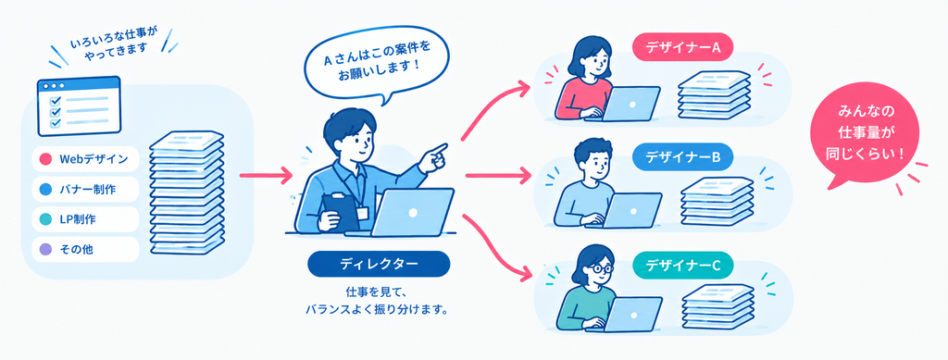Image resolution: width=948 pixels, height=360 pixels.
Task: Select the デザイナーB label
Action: pos(682,158)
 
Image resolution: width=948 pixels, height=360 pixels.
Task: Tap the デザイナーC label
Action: pos(682,266)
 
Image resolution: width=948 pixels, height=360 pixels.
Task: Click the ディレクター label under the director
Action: pos(379,264)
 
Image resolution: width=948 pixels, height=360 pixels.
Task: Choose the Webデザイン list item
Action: pos(85,159)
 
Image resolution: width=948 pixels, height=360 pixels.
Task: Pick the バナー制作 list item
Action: pos(85,190)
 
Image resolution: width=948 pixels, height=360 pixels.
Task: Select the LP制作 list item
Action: pos(85,219)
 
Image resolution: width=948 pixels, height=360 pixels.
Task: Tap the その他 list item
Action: pos(85,249)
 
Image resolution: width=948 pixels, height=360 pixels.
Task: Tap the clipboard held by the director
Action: pos(339,212)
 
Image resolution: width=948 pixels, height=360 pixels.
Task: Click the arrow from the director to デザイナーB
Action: pos(495,176)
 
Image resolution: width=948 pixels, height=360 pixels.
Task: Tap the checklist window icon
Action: pos(79,106)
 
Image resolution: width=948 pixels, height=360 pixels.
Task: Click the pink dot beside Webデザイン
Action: pos(45,159)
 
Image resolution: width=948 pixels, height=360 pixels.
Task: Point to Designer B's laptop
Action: pos(631,210)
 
